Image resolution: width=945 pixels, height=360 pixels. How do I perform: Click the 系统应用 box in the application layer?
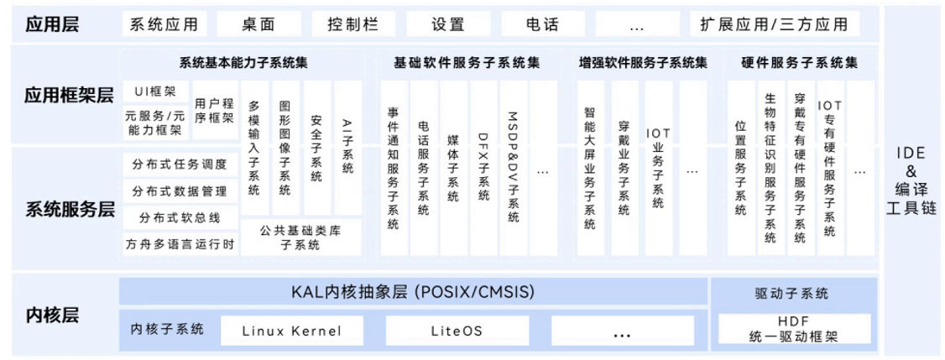164,23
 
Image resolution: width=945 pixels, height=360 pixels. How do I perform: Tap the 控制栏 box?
353,23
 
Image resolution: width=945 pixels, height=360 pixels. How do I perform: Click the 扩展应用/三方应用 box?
774,23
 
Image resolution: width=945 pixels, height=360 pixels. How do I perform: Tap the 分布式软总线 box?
180,218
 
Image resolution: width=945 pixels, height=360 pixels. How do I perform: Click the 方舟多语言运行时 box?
180,245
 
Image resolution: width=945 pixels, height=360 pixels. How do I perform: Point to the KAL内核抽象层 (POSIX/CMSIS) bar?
411,292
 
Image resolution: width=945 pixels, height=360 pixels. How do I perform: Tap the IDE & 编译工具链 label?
911,180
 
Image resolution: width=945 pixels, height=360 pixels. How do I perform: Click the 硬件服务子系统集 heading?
800,63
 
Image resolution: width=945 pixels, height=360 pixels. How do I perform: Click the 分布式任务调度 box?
180,164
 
